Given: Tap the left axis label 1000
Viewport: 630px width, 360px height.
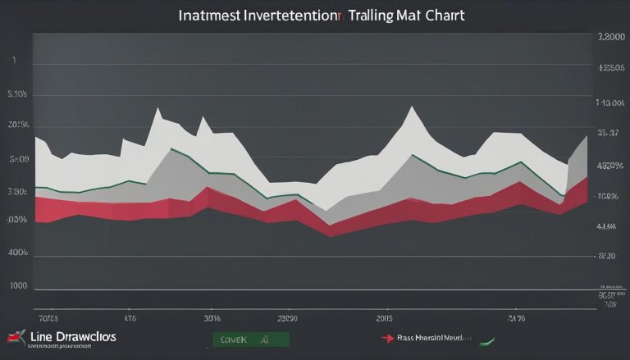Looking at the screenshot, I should point(18,286).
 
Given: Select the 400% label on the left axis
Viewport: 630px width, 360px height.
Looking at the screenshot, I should point(18,253).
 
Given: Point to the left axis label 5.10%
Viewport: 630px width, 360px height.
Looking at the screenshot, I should point(18,94).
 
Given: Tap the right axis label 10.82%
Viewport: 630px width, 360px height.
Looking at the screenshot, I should point(607,197).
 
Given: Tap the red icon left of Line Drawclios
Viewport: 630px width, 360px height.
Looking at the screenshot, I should point(15,337).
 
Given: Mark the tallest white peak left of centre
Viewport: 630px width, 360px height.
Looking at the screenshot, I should point(156,108).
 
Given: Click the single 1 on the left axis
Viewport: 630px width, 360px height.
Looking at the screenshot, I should point(14,61).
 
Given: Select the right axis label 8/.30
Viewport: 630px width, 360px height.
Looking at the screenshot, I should point(607,256).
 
